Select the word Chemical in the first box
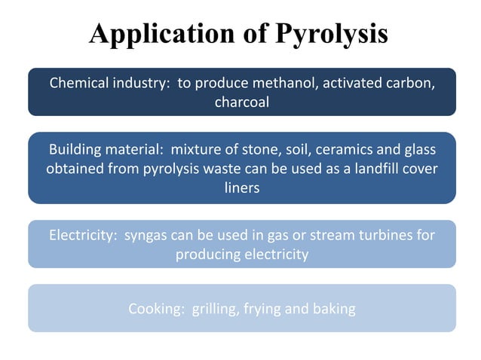(80, 82)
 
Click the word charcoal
(241, 102)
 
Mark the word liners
(242, 188)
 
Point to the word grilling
(214, 308)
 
